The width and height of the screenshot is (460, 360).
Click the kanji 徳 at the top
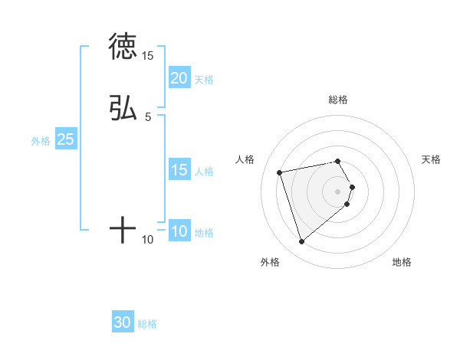click(x=123, y=46)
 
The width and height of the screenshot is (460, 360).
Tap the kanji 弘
click(x=123, y=108)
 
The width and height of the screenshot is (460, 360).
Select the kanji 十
click(x=123, y=229)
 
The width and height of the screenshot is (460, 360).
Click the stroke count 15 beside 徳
click(x=148, y=56)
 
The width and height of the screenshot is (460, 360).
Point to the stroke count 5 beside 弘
click(x=148, y=116)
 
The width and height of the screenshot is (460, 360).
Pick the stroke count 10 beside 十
click(x=148, y=240)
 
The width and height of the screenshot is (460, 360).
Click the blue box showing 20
click(x=179, y=78)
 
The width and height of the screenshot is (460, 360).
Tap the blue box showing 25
click(x=65, y=139)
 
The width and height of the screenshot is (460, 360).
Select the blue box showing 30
click(x=123, y=323)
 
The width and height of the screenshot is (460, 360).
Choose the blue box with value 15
click(x=179, y=170)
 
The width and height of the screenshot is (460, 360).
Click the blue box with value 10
click(x=179, y=231)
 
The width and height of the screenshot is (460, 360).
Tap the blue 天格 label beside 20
click(x=204, y=80)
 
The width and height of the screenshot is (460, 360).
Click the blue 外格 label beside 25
click(x=41, y=141)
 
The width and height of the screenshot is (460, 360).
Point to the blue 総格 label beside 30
click(x=147, y=325)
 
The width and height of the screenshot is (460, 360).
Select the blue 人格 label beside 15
click(x=204, y=172)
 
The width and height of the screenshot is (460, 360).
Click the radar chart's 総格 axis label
click(x=338, y=100)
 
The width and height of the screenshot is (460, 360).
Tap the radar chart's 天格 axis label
click(x=431, y=159)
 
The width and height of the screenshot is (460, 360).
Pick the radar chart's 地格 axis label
click(x=402, y=262)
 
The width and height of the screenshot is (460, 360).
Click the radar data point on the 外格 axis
click(x=302, y=241)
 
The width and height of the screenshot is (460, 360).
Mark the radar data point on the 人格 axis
click(x=280, y=172)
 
